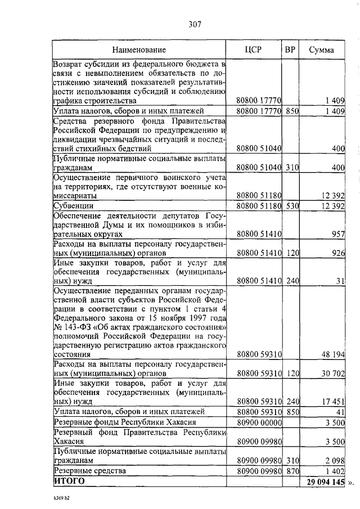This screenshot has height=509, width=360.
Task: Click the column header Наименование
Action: click(x=139, y=49)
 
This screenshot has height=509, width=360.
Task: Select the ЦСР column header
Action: click(x=254, y=49)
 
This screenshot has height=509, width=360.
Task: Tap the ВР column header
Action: click(x=290, y=49)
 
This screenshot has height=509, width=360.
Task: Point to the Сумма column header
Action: click(x=322, y=49)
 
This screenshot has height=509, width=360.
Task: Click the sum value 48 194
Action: click(x=332, y=355)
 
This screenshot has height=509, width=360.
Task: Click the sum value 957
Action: click(x=337, y=234)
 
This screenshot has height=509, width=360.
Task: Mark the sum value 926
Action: click(x=337, y=253)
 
